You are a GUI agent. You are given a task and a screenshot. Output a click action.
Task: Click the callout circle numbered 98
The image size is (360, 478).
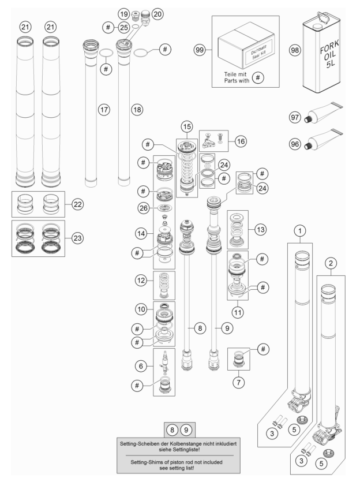point(295,50)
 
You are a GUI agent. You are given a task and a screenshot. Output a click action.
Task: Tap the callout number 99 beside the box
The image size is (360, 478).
point(200,50)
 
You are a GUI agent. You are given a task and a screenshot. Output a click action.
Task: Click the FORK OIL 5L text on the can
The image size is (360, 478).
point(329,54)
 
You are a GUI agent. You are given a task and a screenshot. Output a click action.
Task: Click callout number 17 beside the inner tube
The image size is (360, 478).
point(104,110)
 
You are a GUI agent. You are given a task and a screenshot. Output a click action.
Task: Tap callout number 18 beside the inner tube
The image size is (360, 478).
point(137,110)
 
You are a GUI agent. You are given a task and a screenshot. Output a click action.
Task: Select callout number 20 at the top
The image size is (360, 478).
point(157,14)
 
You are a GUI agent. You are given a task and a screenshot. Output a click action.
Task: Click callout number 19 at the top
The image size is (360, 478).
point(124,14)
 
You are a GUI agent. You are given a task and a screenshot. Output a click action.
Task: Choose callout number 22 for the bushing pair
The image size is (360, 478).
point(78,204)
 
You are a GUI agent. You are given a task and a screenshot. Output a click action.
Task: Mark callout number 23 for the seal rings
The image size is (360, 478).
point(78,238)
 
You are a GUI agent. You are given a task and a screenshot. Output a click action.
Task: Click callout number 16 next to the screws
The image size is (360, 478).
point(241,141)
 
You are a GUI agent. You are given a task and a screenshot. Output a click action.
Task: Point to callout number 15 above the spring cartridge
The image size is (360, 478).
point(187,126)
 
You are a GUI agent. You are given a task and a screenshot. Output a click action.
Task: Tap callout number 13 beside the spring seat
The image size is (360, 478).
point(260,229)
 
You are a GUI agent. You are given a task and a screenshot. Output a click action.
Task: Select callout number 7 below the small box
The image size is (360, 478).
point(238,382)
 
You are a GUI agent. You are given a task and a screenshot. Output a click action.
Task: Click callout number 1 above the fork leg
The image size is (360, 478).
point(300,231)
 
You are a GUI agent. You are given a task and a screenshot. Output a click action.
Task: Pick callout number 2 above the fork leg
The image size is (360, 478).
point(331,263)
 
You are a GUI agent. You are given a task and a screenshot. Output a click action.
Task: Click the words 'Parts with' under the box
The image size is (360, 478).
point(237,81)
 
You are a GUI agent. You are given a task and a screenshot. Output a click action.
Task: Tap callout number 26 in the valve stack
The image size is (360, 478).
point(144,208)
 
